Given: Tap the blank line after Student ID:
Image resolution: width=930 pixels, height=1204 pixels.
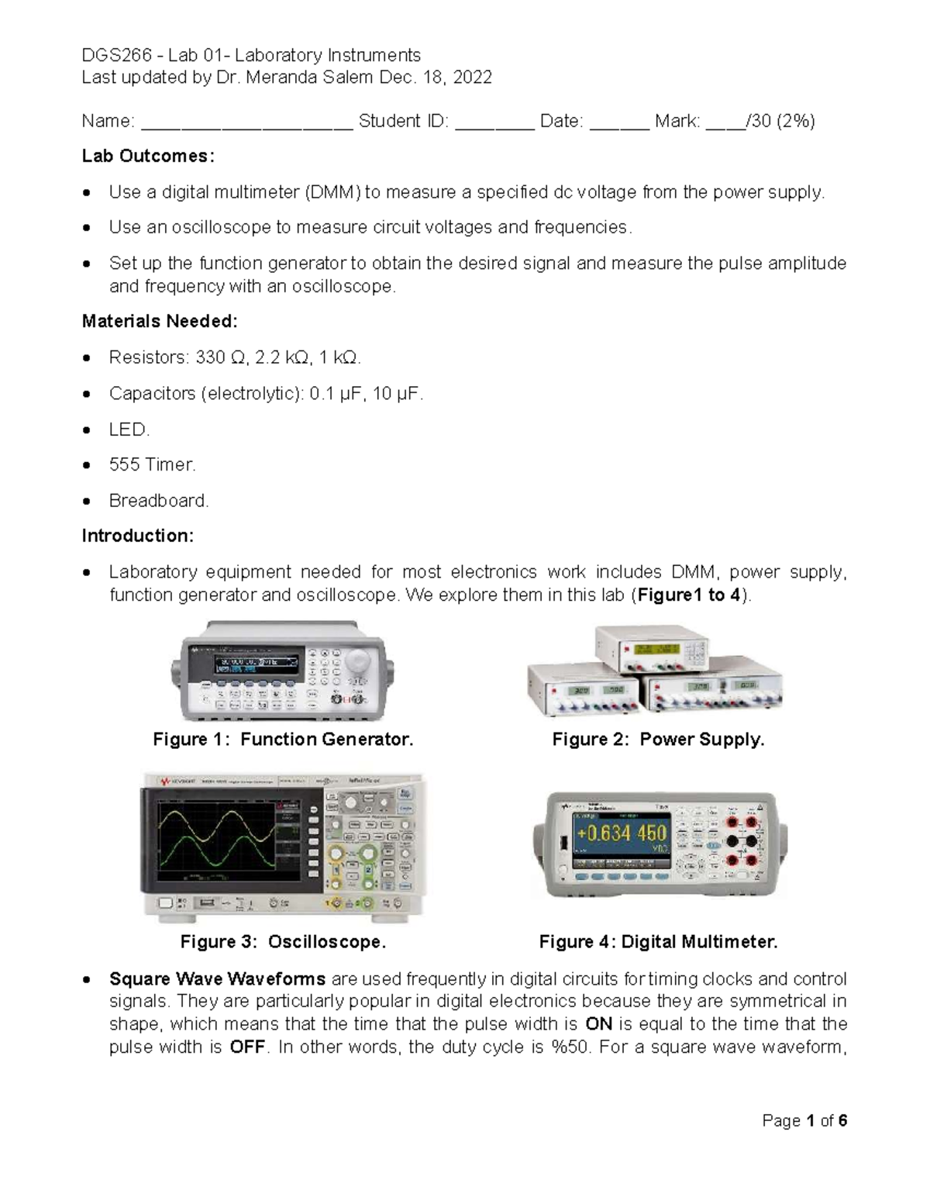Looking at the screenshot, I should tap(494, 122).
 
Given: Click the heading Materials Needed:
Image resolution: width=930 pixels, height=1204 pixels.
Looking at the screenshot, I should tap(160, 321).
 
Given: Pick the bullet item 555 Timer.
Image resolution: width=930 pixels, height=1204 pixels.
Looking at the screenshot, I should tap(152, 464).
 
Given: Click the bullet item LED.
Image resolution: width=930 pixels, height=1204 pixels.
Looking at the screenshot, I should tap(129, 429).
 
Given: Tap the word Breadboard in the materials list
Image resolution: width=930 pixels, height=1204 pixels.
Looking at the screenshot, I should tap(158, 501).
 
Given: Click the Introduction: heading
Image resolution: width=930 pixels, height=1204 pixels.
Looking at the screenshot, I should tap(138, 536).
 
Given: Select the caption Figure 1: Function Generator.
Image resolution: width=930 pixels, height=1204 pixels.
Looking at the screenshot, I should tap(283, 740).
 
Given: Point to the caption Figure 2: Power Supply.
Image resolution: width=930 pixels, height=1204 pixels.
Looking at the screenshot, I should tap(658, 740).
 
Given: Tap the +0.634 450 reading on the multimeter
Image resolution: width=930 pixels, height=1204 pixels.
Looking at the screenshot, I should tap(621, 833).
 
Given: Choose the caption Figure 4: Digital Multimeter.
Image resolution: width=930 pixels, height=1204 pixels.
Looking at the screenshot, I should tap(658, 942).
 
